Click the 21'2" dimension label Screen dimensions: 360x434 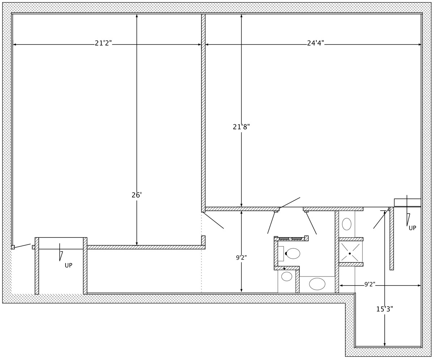[103, 43]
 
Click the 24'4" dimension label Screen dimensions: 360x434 [315, 43]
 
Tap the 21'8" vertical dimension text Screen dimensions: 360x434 [241, 127]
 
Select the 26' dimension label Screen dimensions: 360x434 [137, 195]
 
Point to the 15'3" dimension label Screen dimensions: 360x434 [384, 309]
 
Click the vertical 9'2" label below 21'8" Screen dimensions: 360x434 [241, 258]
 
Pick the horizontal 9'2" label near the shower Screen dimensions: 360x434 [370, 284]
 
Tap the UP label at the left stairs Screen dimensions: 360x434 [68, 266]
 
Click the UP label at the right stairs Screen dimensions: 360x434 [412, 228]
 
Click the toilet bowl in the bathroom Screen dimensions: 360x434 [293, 253]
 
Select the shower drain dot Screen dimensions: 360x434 [350, 253]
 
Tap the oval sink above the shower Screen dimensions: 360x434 [346, 224]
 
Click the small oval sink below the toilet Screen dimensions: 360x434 [287, 277]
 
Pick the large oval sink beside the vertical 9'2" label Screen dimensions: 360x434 [317, 284]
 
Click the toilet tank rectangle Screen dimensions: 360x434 [281, 253]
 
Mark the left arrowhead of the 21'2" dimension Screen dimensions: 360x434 [14, 44]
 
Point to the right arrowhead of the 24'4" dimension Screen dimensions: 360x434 [420, 44]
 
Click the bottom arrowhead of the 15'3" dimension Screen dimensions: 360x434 [384, 345]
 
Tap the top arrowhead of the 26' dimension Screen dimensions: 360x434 [137, 16]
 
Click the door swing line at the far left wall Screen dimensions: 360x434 [22, 246]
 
